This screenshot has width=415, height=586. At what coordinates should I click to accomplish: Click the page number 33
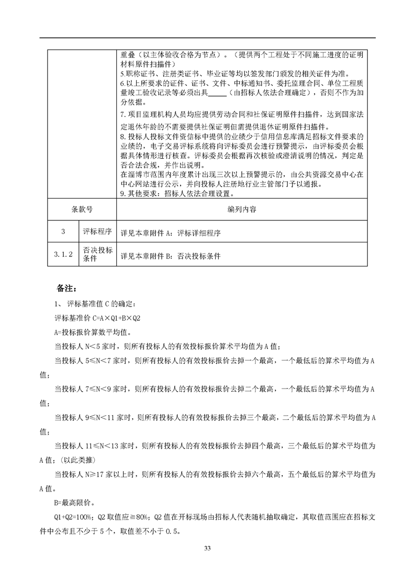coord(207,548)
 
